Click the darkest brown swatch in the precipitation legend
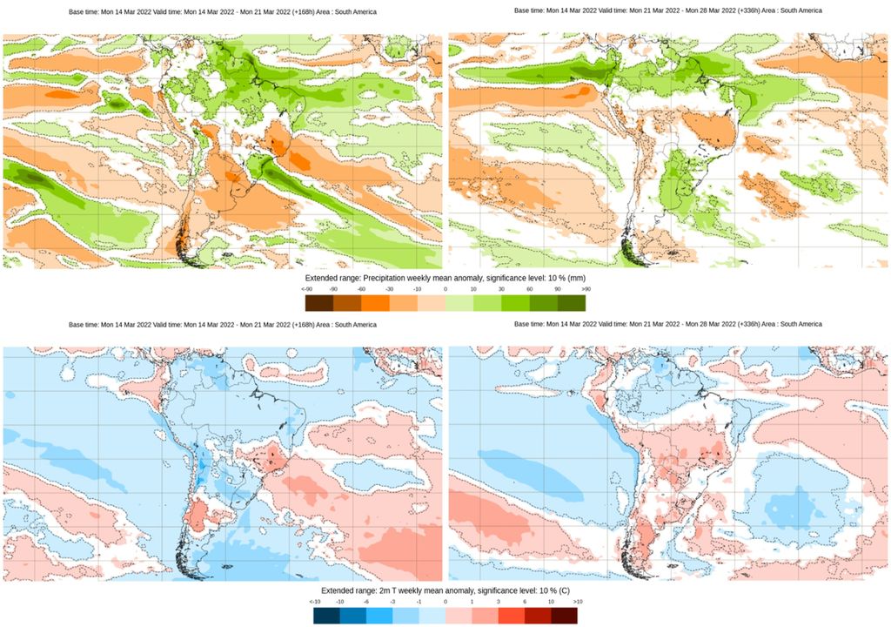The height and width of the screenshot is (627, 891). [x=318, y=302]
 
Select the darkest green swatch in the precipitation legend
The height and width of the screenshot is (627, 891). [x=572, y=302]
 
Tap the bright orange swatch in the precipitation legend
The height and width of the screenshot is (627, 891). [x=374, y=302]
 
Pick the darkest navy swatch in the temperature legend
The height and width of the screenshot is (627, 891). [x=326, y=615]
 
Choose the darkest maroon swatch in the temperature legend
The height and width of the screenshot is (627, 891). [x=563, y=615]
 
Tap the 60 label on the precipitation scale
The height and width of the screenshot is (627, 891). [x=530, y=289]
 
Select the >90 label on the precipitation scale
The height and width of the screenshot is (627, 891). [x=586, y=289]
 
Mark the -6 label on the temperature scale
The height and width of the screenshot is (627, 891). [x=367, y=602]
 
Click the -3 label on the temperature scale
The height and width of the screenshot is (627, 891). [x=393, y=602]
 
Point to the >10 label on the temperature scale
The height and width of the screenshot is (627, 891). [x=577, y=602]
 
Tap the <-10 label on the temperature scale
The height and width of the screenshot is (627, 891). [x=314, y=602]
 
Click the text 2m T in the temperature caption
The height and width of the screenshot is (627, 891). [x=392, y=591]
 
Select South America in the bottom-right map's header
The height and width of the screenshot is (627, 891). [x=801, y=324]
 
